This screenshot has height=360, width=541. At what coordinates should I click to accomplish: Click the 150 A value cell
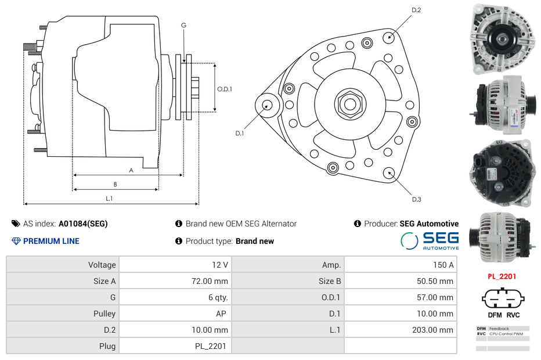(x=443, y=265)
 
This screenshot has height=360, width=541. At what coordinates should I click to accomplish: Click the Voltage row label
(x=102, y=265)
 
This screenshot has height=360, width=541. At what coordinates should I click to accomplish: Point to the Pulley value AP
(x=221, y=314)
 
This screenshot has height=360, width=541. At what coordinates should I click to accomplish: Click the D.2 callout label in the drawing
(x=416, y=10)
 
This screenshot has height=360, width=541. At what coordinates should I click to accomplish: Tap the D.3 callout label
(x=416, y=199)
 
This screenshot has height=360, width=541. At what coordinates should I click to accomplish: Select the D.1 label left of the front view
(x=239, y=134)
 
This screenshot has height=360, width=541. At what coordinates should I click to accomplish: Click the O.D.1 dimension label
(x=225, y=89)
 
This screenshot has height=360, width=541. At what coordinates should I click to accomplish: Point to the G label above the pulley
(x=183, y=26)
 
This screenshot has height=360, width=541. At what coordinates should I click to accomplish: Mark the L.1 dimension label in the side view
(x=109, y=199)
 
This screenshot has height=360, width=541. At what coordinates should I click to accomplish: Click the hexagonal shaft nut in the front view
(x=349, y=104)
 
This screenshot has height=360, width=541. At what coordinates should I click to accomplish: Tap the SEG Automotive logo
(x=430, y=240)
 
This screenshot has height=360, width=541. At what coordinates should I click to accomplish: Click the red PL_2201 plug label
(x=502, y=276)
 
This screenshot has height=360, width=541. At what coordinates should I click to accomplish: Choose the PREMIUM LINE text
(x=51, y=241)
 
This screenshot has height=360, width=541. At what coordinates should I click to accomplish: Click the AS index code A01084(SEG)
(x=83, y=224)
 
